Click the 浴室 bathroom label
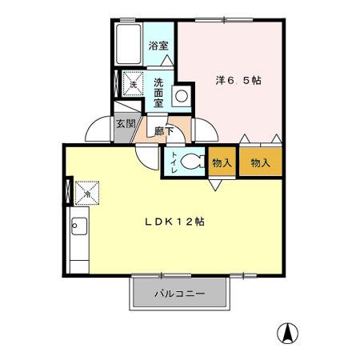tap(158, 46)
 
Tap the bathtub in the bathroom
tap(128, 46)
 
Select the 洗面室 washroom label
tap(158, 92)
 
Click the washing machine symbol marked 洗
tap(132, 82)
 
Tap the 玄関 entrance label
tap(124, 125)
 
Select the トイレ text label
tap(172, 162)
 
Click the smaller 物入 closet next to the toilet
tap(222, 162)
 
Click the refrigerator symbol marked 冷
tap(86, 192)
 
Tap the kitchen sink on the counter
tap(79, 227)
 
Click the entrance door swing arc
tap(99, 128)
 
